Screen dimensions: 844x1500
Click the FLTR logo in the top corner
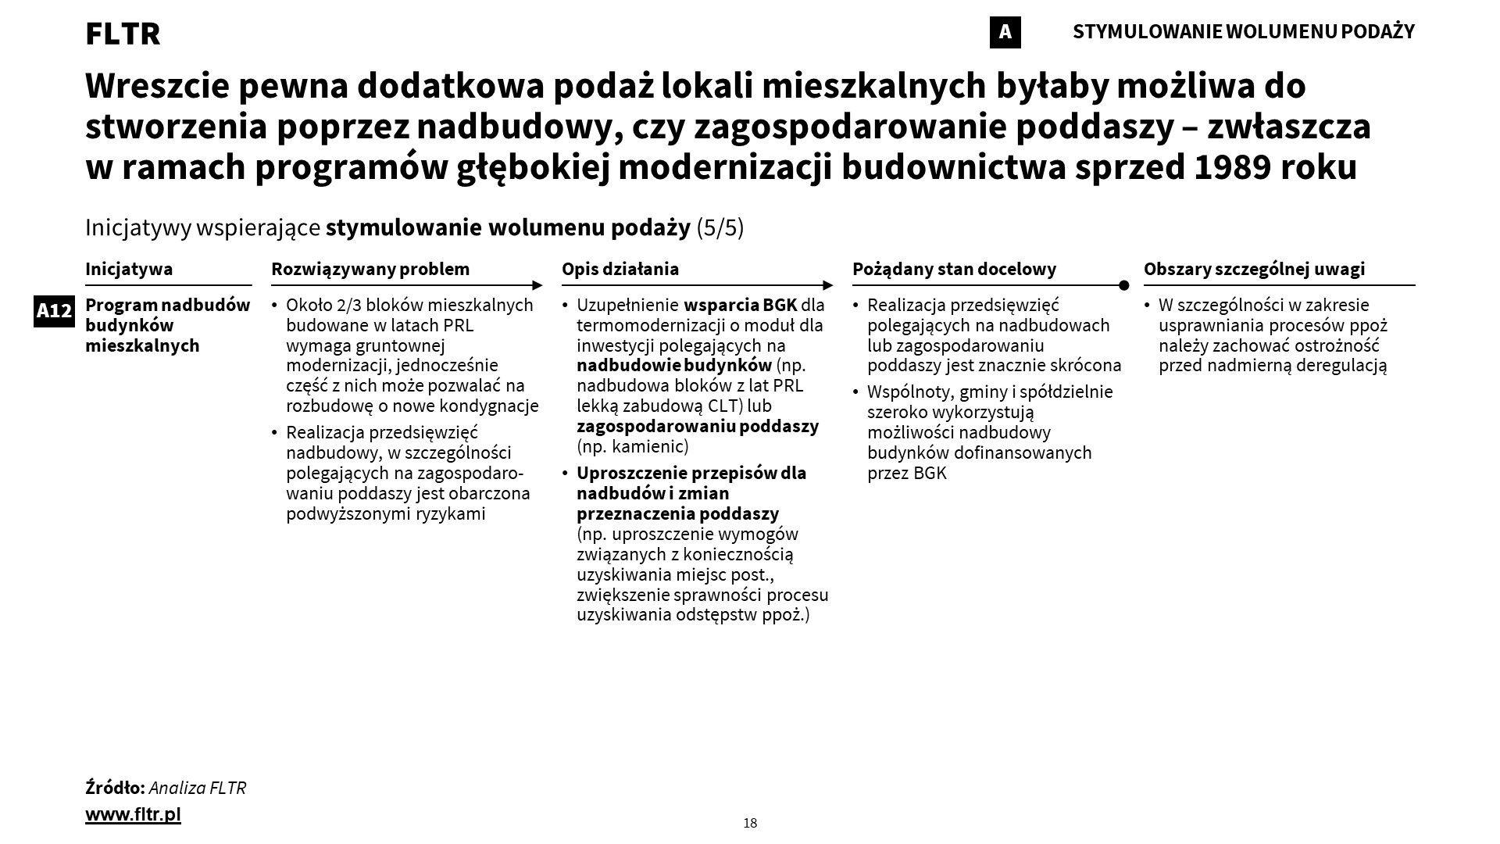(123, 34)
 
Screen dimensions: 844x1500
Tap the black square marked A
(1005, 32)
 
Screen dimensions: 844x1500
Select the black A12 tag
(54, 311)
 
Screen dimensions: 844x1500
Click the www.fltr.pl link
(133, 814)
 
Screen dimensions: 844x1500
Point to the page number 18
(750, 823)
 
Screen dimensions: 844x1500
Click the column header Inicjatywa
(129, 269)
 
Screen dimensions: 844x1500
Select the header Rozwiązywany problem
(370, 269)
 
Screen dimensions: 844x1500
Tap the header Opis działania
(620, 269)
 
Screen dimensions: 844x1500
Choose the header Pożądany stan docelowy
(954, 269)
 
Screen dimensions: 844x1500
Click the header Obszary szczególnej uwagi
(1254, 269)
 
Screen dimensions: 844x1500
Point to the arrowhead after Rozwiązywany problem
(537, 285)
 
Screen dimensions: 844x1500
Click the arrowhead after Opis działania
(828, 285)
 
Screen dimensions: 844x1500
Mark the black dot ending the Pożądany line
(1123, 285)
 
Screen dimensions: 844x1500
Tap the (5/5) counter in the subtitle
(720, 227)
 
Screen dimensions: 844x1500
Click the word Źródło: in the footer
(115, 788)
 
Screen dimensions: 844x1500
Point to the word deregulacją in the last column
(1341, 365)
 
